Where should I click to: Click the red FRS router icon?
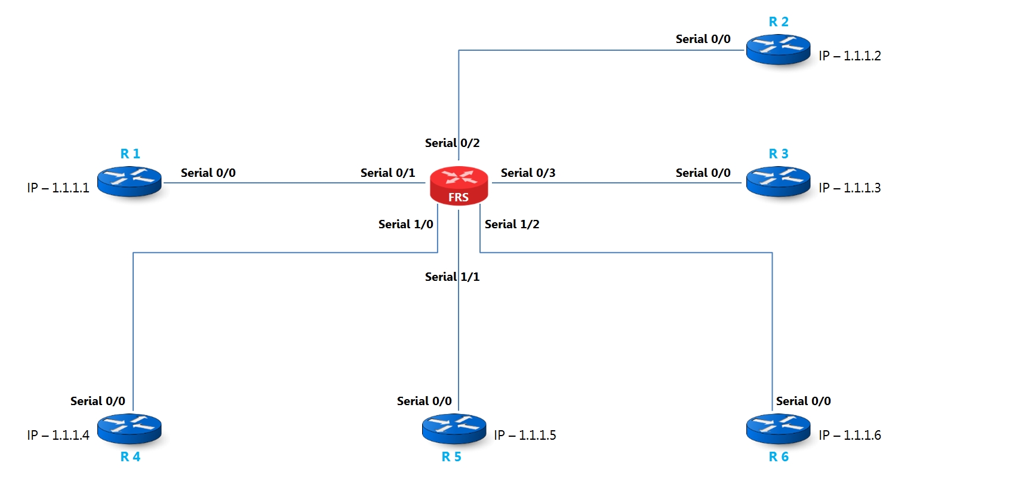pyautogui.click(x=459, y=185)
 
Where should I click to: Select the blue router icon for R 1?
pyautogui.click(x=130, y=182)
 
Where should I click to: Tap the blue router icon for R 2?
pyautogui.click(x=779, y=49)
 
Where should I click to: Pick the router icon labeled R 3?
pyautogui.click(x=779, y=182)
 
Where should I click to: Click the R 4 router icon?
pyautogui.click(x=130, y=428)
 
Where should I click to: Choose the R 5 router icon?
pyautogui.click(x=454, y=428)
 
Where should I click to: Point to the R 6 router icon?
pyautogui.click(x=779, y=428)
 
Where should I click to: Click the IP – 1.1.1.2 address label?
pyautogui.click(x=850, y=56)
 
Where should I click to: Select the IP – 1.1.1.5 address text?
pyautogui.click(x=525, y=436)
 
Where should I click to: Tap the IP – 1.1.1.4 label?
pyautogui.click(x=58, y=436)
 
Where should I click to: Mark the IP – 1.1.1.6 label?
pyautogui.click(x=850, y=436)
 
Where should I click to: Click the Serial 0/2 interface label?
pyautogui.click(x=452, y=143)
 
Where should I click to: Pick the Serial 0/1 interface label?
pyautogui.click(x=387, y=173)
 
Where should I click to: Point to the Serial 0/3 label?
pyautogui.click(x=528, y=173)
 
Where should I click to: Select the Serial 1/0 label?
pyautogui.click(x=405, y=225)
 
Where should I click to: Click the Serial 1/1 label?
pyautogui.click(x=452, y=277)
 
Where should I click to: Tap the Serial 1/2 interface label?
pyautogui.click(x=512, y=225)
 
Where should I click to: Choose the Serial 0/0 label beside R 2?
pyautogui.click(x=703, y=39)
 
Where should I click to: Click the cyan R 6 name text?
pyautogui.click(x=779, y=457)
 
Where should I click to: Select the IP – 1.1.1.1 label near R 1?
pyautogui.click(x=58, y=188)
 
